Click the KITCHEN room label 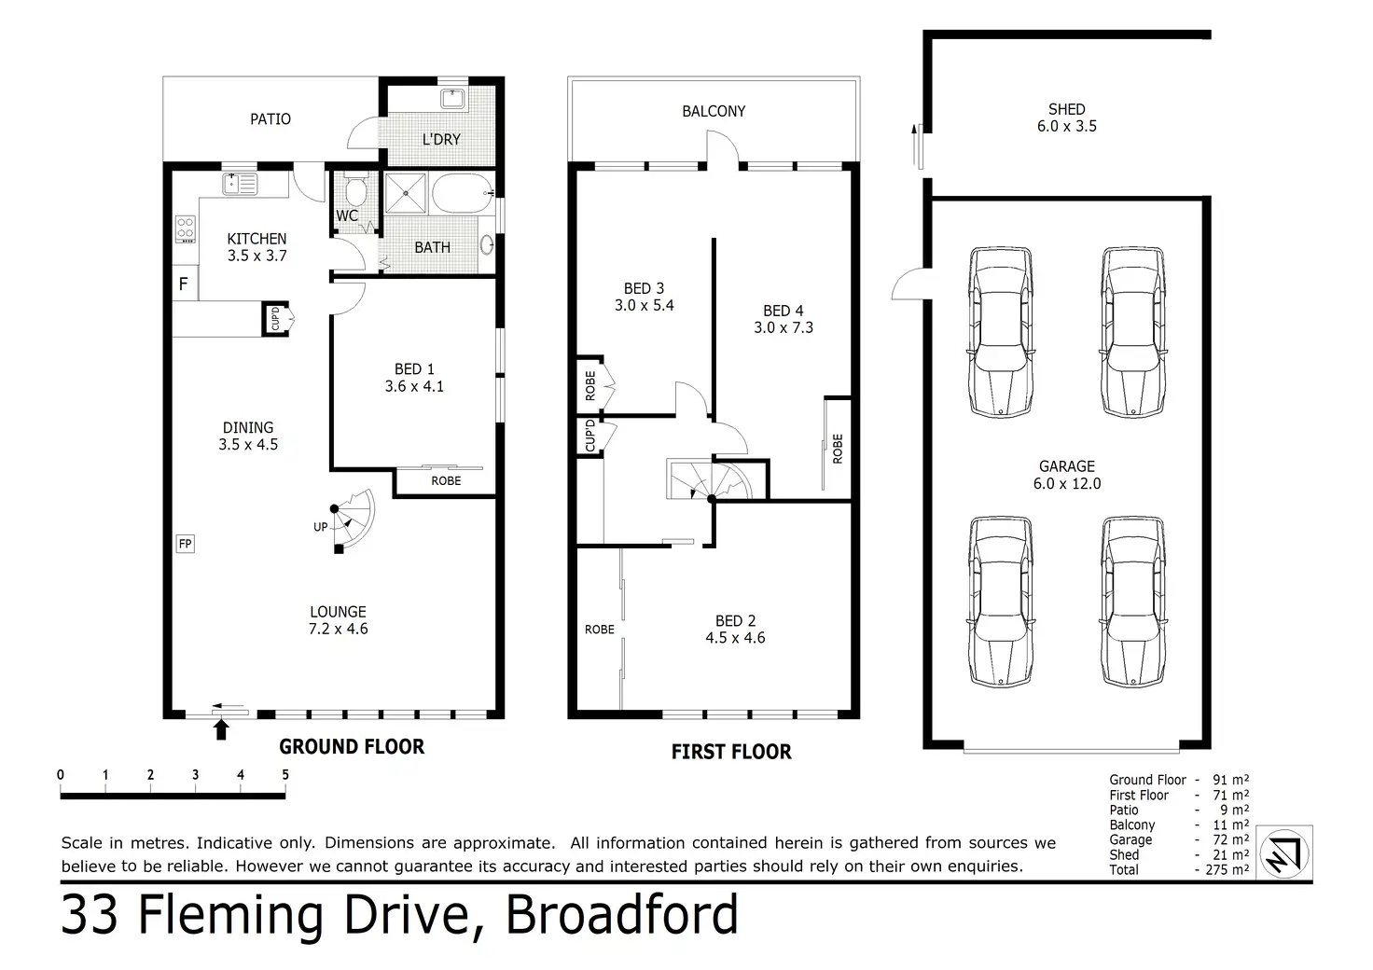(257, 239)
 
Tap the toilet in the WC (355, 189)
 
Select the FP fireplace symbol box (185, 544)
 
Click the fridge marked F (184, 284)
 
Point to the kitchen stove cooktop (186, 229)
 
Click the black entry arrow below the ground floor (221, 729)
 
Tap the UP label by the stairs (321, 527)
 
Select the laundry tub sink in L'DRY (452, 99)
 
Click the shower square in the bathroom (405, 193)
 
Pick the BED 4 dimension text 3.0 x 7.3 (784, 327)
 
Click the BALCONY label (714, 112)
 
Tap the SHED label (1066, 110)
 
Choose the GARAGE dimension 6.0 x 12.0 (1067, 483)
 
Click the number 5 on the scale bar (285, 774)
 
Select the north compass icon (1284, 853)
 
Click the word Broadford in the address (621, 914)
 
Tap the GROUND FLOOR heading (352, 746)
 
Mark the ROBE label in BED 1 (446, 481)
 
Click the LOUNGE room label (338, 612)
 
